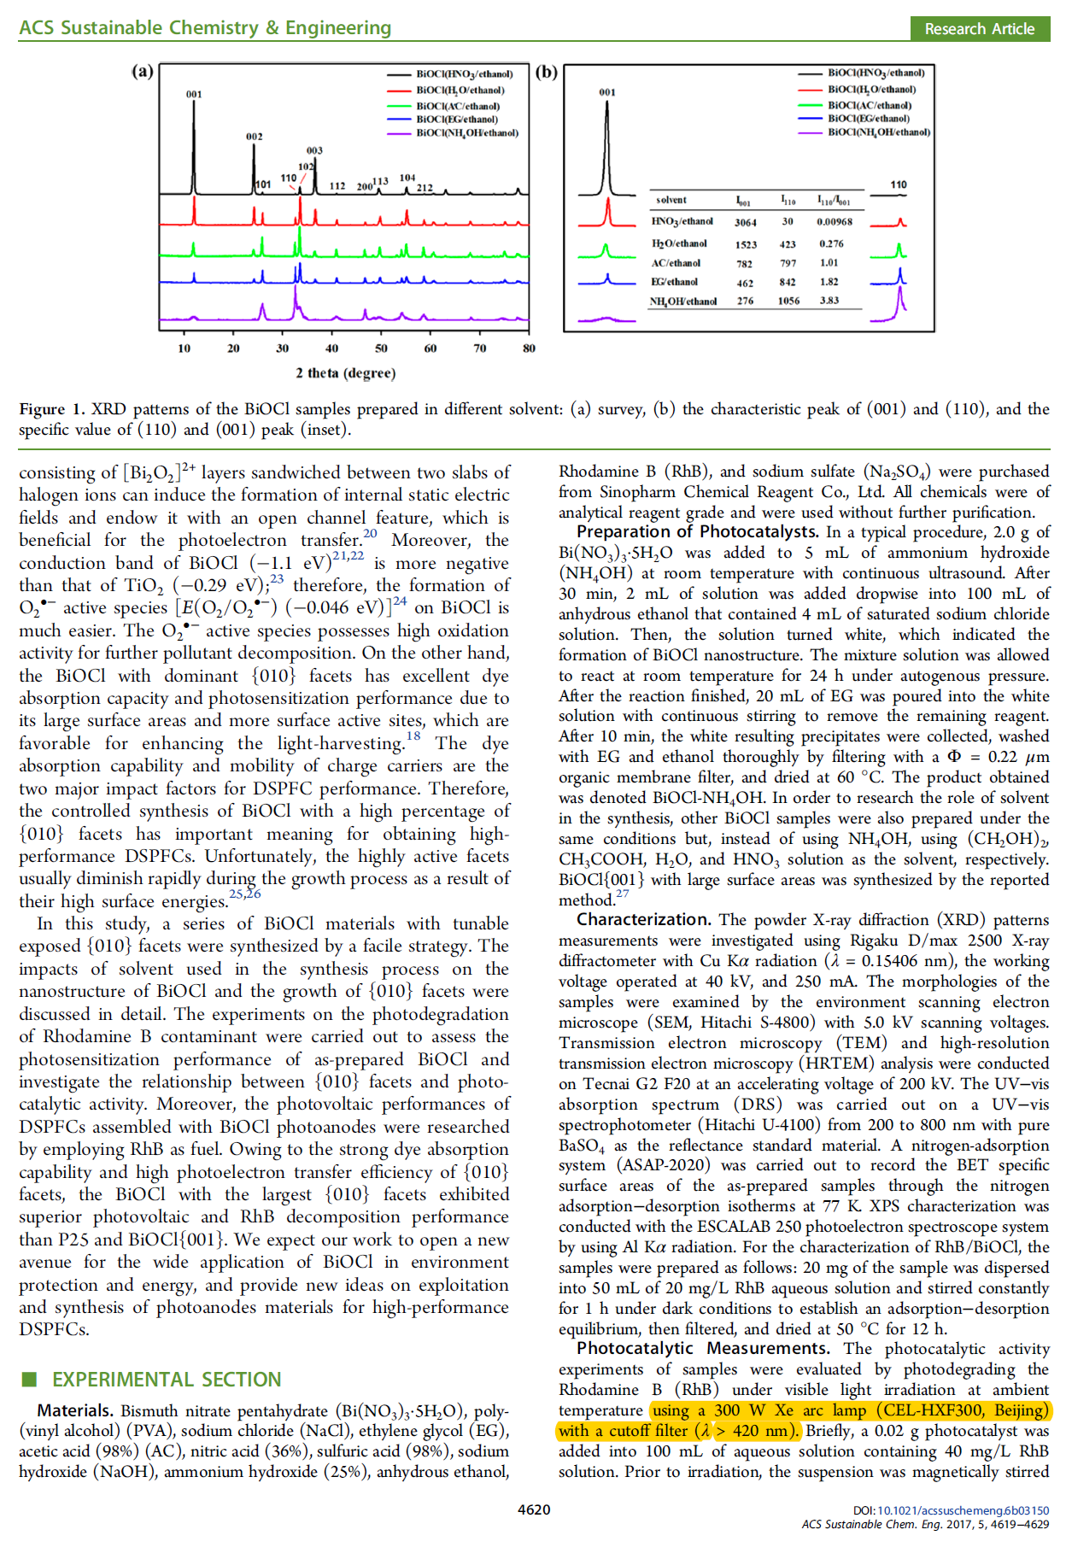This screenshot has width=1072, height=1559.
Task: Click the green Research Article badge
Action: tap(979, 29)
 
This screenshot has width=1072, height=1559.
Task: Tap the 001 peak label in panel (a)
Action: tap(194, 94)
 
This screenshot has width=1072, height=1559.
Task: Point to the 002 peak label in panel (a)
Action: tap(254, 137)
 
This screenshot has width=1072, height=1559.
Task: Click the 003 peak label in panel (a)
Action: tap(314, 150)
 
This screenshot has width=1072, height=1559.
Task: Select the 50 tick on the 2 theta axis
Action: tap(381, 349)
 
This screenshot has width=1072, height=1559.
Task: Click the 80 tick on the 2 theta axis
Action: tap(529, 349)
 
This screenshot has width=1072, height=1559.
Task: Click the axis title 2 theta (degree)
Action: tap(345, 373)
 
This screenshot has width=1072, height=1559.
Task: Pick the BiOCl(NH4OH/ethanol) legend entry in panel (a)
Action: tap(466, 133)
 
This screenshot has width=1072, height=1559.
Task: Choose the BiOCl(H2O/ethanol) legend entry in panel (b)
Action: tap(871, 89)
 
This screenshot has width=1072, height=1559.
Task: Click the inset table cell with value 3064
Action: tap(745, 223)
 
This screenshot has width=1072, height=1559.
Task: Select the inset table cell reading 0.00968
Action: tap(834, 222)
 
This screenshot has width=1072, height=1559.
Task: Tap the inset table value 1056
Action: tap(788, 302)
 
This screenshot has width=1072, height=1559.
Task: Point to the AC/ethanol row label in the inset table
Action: tap(676, 263)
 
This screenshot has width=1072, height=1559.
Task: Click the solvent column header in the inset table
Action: tap(671, 200)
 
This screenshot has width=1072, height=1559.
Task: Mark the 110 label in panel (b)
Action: tap(899, 185)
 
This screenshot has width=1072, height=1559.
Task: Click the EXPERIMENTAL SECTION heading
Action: tap(167, 1380)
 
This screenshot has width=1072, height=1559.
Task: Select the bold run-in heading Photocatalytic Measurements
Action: tap(702, 1349)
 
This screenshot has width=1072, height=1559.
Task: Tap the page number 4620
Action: tap(534, 1510)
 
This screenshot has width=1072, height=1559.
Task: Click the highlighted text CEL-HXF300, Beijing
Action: tap(965, 1410)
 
